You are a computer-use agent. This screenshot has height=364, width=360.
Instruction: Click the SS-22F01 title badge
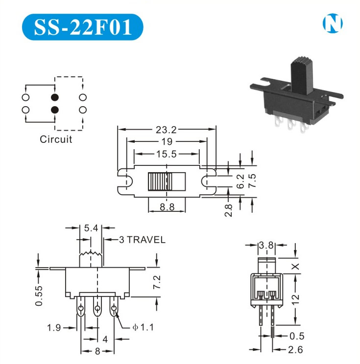pos(82,27)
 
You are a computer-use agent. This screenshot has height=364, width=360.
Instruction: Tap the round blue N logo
pos(333,23)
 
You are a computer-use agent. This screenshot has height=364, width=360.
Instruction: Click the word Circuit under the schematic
pos(56,139)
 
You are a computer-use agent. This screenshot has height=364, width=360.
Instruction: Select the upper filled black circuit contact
pos(55,97)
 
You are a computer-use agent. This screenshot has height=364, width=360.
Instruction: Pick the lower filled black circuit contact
pos(55,110)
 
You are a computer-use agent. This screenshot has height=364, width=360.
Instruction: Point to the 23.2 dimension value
pos(166,130)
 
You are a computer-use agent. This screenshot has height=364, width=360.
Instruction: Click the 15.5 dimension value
pos(166,154)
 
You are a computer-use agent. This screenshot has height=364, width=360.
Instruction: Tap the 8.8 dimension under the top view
pos(167,207)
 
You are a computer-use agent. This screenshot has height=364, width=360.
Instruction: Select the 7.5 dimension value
pos(252,181)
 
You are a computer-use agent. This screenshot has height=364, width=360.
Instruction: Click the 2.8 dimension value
pos(228,210)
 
